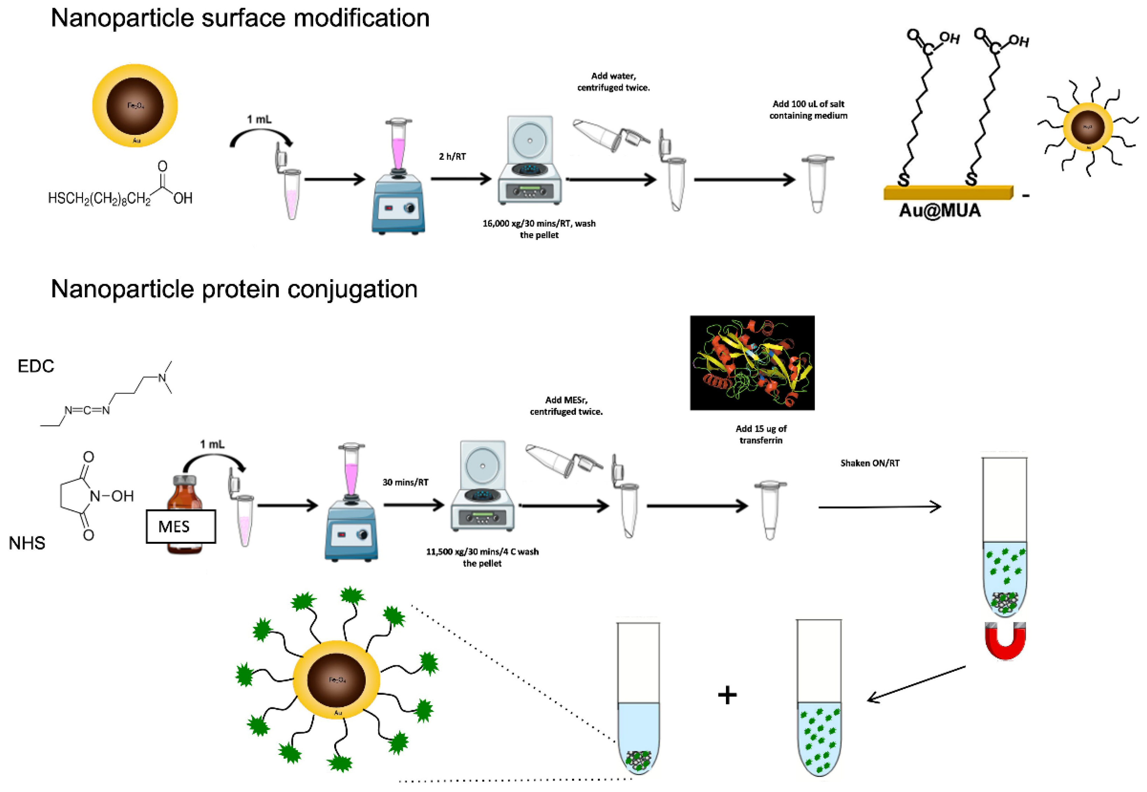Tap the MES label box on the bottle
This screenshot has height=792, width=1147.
pos(181,526)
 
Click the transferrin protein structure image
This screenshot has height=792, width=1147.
pos(752,363)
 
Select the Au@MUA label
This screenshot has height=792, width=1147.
pos(940,211)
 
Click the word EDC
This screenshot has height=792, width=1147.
pos(36,366)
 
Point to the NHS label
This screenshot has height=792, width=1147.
pos(27,543)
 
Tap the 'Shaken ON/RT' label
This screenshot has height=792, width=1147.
pos(870,463)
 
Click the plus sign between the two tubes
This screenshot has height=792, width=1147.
pos(727,695)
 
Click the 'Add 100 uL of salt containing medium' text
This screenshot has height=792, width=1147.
pos(808,110)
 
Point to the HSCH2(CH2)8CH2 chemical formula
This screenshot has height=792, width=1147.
pos(99,199)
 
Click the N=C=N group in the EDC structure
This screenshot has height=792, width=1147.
pos(87,411)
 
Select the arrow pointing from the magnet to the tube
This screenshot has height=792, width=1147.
pos(916,684)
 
